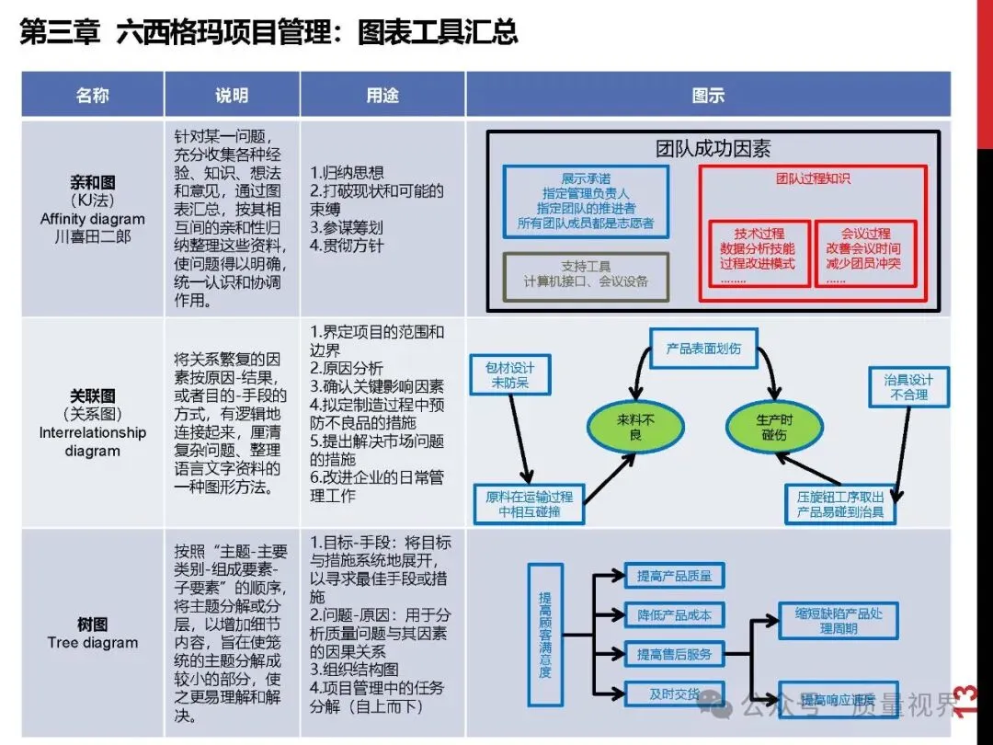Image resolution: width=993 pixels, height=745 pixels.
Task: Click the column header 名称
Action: pyautogui.click(x=92, y=96)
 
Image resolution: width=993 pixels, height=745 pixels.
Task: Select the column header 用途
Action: pyautogui.click(x=382, y=96)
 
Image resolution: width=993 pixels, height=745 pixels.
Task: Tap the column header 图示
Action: pyautogui.click(x=708, y=96)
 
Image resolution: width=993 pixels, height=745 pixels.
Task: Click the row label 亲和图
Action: pyautogui.click(x=93, y=183)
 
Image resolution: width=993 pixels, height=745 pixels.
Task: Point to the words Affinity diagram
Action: pyautogui.click(x=93, y=219)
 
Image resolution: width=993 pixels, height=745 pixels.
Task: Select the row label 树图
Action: pyautogui.click(x=93, y=625)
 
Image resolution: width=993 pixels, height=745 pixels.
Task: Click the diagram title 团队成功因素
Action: pyautogui.click(x=713, y=149)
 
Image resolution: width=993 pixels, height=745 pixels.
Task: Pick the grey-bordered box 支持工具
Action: pyautogui.click(x=587, y=273)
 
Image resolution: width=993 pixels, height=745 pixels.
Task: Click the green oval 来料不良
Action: pyautogui.click(x=635, y=427)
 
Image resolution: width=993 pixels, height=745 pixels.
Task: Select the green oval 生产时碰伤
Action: pyautogui.click(x=772, y=427)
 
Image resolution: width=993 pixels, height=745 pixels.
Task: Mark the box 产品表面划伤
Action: pyautogui.click(x=703, y=350)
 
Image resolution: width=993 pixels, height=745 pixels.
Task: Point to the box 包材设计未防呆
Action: pyautogui.click(x=509, y=375)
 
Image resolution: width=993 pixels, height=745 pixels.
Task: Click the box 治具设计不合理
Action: pyautogui.click(x=908, y=386)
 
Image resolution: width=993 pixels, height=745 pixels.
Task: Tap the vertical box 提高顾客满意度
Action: pyautogui.click(x=545, y=634)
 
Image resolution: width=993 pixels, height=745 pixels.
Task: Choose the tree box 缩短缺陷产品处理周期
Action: pyautogui.click(x=839, y=621)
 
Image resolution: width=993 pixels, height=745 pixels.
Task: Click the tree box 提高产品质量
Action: pyautogui.click(x=675, y=577)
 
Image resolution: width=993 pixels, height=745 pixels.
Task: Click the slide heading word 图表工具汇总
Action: pyautogui.click(x=441, y=33)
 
